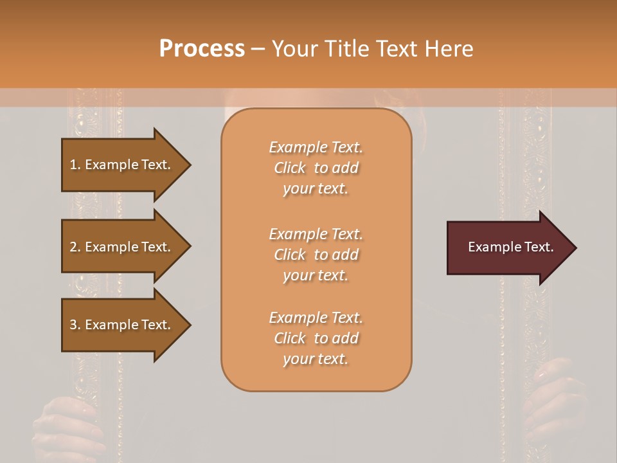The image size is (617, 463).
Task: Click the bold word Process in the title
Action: tap(202, 49)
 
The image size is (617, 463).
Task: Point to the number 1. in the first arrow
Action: tap(75, 165)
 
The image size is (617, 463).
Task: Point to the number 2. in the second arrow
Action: tap(75, 247)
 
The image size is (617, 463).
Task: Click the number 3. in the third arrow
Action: tap(75, 325)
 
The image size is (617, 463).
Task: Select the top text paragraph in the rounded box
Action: tap(316, 168)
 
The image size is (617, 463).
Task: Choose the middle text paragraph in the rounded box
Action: tap(316, 255)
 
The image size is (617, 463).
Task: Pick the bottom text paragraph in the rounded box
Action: tap(316, 338)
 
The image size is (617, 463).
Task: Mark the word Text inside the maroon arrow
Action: tap(539, 247)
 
